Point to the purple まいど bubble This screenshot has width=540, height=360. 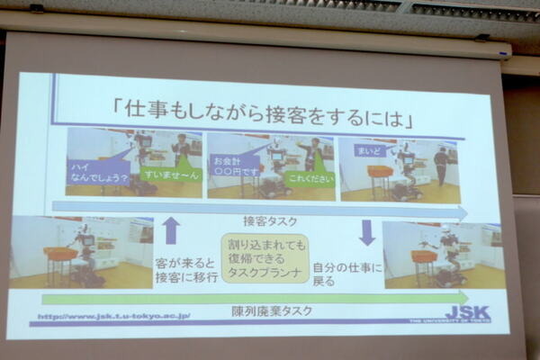pos(368,150)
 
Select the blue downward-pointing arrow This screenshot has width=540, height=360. pos(367,231)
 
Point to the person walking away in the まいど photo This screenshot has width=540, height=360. pos(441,166)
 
